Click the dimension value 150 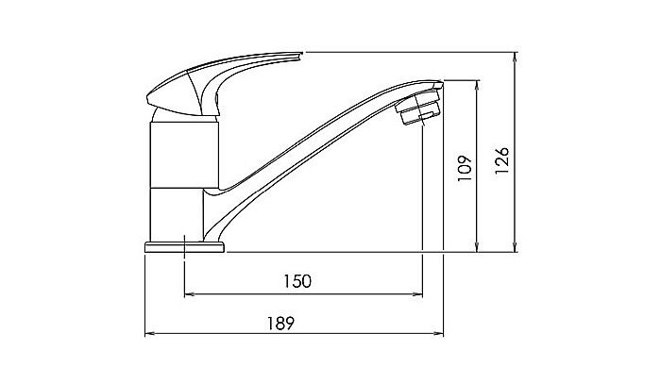299,281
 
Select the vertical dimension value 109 464,166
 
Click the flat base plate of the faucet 184,247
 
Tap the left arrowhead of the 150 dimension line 186,295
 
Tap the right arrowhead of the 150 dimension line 417,295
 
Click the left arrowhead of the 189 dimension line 147,335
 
